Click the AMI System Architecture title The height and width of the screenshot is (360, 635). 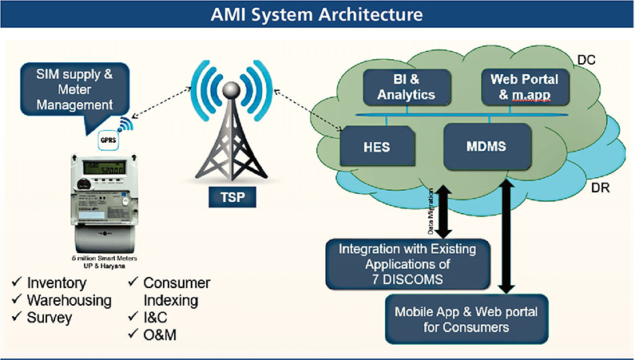[317, 14]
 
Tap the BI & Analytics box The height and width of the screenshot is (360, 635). [407, 87]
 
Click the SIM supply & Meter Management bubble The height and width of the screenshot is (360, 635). [74, 92]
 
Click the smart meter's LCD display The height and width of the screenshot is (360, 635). [105, 170]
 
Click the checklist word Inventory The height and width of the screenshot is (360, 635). [58, 283]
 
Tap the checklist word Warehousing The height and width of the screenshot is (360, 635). [69, 300]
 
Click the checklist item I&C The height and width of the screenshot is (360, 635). [157, 318]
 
